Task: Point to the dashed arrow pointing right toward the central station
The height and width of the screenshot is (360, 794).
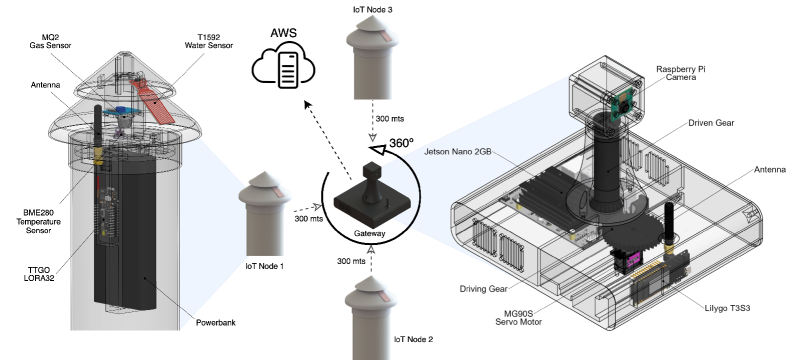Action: tap(307, 208)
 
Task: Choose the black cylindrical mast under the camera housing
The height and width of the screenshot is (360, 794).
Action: tap(606, 165)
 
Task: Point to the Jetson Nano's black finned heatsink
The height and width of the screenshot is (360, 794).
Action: tap(546, 195)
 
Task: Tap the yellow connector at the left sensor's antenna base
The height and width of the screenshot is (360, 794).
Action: tap(100, 156)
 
